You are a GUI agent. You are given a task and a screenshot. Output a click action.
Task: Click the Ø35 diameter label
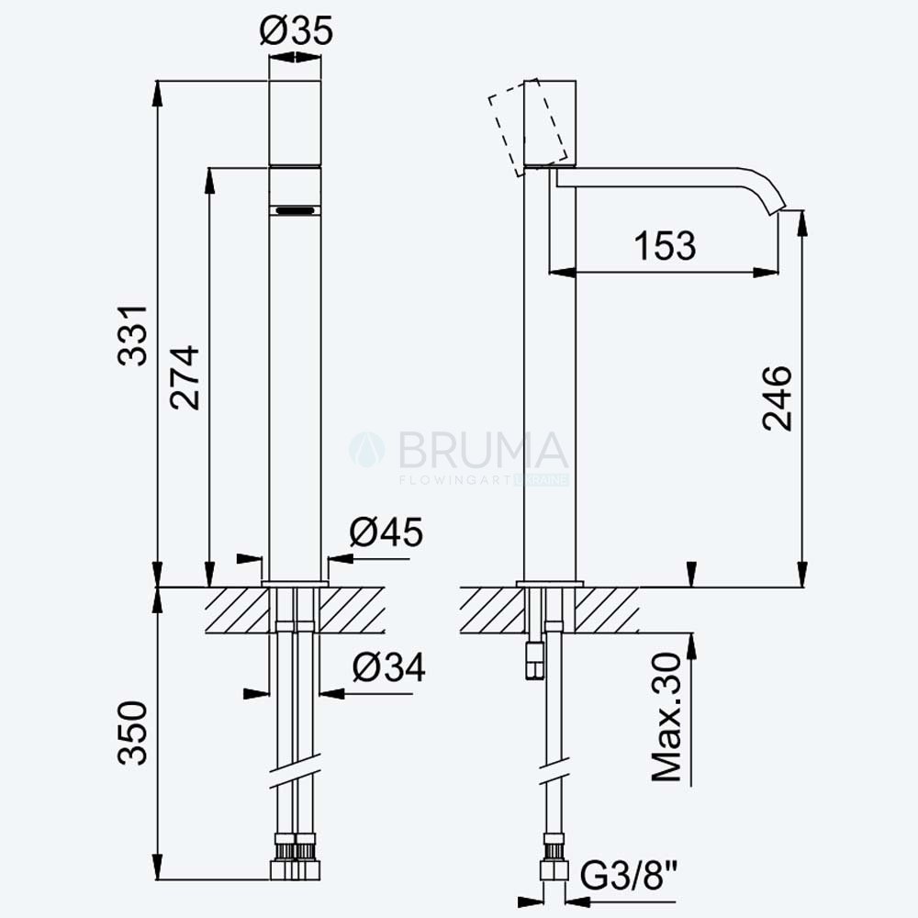[x=297, y=30]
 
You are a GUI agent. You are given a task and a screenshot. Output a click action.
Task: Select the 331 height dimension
[x=133, y=335]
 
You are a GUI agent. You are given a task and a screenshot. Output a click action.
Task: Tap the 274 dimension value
[x=185, y=377]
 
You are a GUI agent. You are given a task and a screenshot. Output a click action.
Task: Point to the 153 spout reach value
[x=665, y=245]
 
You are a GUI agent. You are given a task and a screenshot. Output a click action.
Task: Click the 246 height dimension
[x=777, y=398]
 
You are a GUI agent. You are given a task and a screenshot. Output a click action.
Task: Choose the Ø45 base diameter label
[x=386, y=532]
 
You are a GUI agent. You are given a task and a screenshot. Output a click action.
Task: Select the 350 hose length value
[x=132, y=733]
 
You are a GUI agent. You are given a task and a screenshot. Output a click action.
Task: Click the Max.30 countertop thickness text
[x=666, y=717]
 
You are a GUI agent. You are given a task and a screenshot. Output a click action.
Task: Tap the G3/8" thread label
[x=628, y=876]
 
